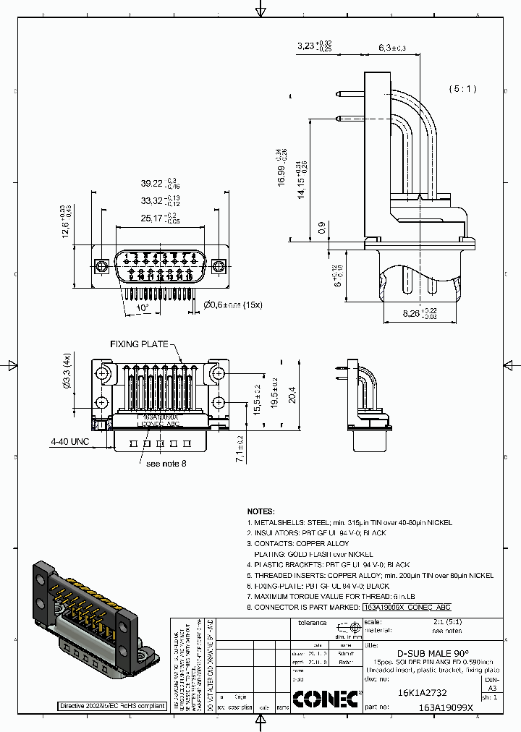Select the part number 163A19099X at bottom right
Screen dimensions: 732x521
pyautogui.click(x=445, y=709)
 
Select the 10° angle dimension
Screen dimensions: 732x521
pyautogui.click(x=143, y=307)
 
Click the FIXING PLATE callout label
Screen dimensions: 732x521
pyautogui.click(x=139, y=344)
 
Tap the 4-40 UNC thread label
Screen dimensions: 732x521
pyautogui.click(x=69, y=441)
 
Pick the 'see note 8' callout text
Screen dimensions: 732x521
pyautogui.click(x=166, y=463)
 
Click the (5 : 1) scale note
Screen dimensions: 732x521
pyautogui.click(x=462, y=89)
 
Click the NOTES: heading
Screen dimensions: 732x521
pyautogui.click(x=261, y=511)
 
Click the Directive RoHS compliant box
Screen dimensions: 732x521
pyautogui.click(x=112, y=705)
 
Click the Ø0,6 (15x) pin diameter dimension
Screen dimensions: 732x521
pyautogui.click(x=232, y=305)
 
